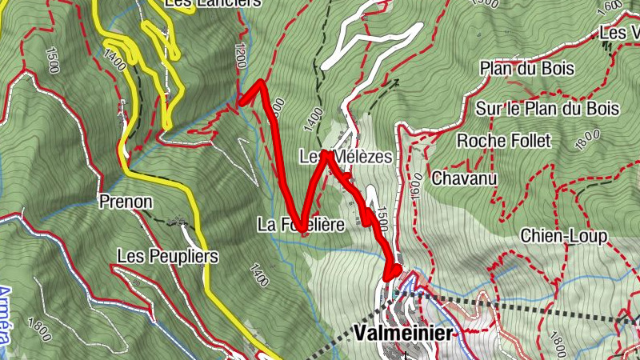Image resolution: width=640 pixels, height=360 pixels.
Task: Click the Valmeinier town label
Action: click(402, 332)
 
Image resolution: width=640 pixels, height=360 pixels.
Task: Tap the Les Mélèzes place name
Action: click(346, 157)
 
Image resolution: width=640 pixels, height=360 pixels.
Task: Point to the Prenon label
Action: click(126, 202)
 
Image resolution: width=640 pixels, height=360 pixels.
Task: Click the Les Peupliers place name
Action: click(167, 256)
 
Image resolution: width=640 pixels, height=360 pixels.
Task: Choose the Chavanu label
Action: click(460, 178)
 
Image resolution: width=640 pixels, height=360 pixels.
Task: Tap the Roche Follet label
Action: click(504, 142)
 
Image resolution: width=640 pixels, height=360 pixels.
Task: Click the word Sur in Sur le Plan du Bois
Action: click(488, 109)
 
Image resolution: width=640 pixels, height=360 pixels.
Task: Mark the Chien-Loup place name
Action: click(563, 236)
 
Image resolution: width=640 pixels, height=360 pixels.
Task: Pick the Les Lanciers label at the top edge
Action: click(212, 3)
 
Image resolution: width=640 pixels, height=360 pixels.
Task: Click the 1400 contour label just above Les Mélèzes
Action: click(314, 119)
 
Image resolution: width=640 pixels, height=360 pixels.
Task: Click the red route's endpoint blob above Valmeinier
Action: click(392, 271)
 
